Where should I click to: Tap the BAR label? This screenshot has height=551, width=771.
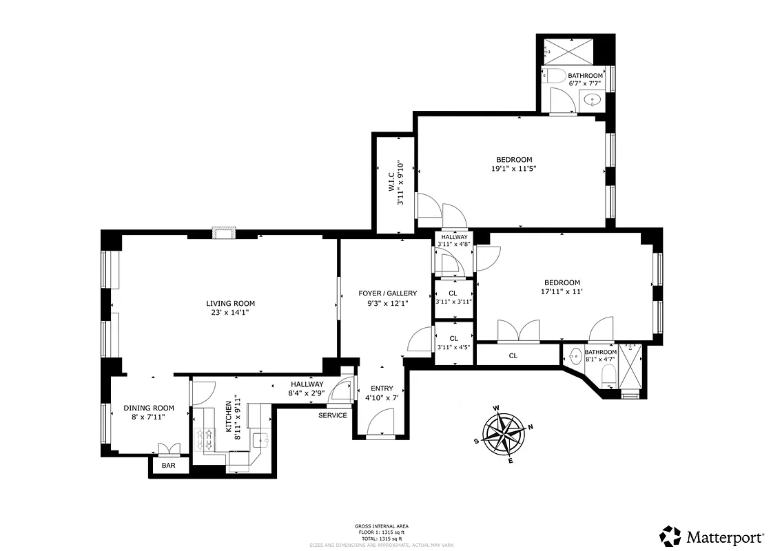(168, 466)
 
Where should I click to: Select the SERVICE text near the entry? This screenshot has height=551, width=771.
(332, 415)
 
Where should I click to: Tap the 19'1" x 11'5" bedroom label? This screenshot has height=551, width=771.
(515, 164)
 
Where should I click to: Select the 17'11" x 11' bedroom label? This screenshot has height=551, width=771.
(562, 287)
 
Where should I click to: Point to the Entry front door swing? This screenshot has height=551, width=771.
(380, 422)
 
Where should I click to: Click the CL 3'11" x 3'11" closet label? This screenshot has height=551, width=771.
(453, 298)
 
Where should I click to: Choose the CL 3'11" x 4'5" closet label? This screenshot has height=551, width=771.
(453, 342)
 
